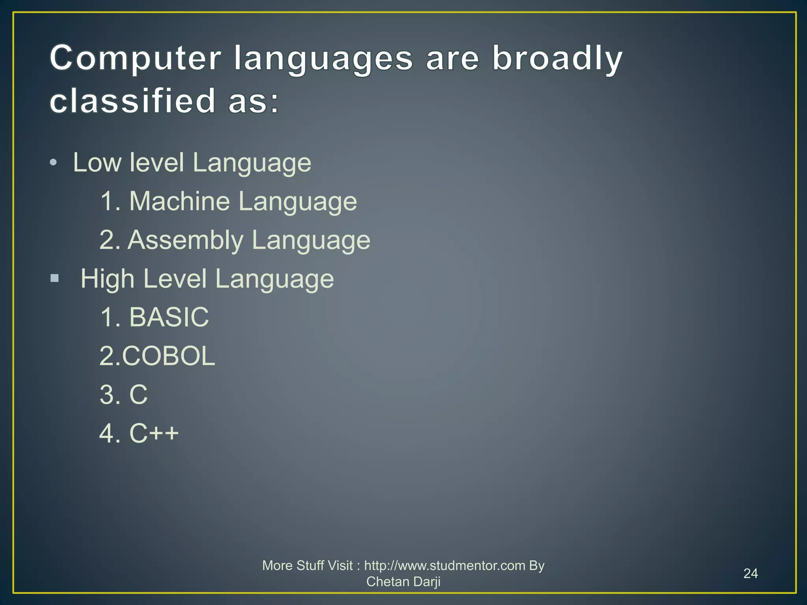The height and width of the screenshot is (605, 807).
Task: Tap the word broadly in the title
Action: [x=557, y=58]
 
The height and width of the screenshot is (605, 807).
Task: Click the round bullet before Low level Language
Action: [x=54, y=163]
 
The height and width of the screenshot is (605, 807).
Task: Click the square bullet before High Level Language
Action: [x=55, y=279]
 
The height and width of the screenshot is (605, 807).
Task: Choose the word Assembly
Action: [x=185, y=240]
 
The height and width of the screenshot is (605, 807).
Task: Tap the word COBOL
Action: [x=168, y=356]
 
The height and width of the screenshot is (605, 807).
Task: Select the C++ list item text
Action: [x=154, y=433]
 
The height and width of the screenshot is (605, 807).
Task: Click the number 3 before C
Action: [x=107, y=395]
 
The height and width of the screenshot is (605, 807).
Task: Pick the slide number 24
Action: [x=750, y=573]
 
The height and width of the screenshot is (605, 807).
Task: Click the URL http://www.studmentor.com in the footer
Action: [x=444, y=566]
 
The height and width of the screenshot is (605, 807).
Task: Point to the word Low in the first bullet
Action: [x=97, y=163]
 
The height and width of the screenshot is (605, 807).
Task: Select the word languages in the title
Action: [x=323, y=58]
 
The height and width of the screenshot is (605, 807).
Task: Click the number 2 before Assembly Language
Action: [x=107, y=240]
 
